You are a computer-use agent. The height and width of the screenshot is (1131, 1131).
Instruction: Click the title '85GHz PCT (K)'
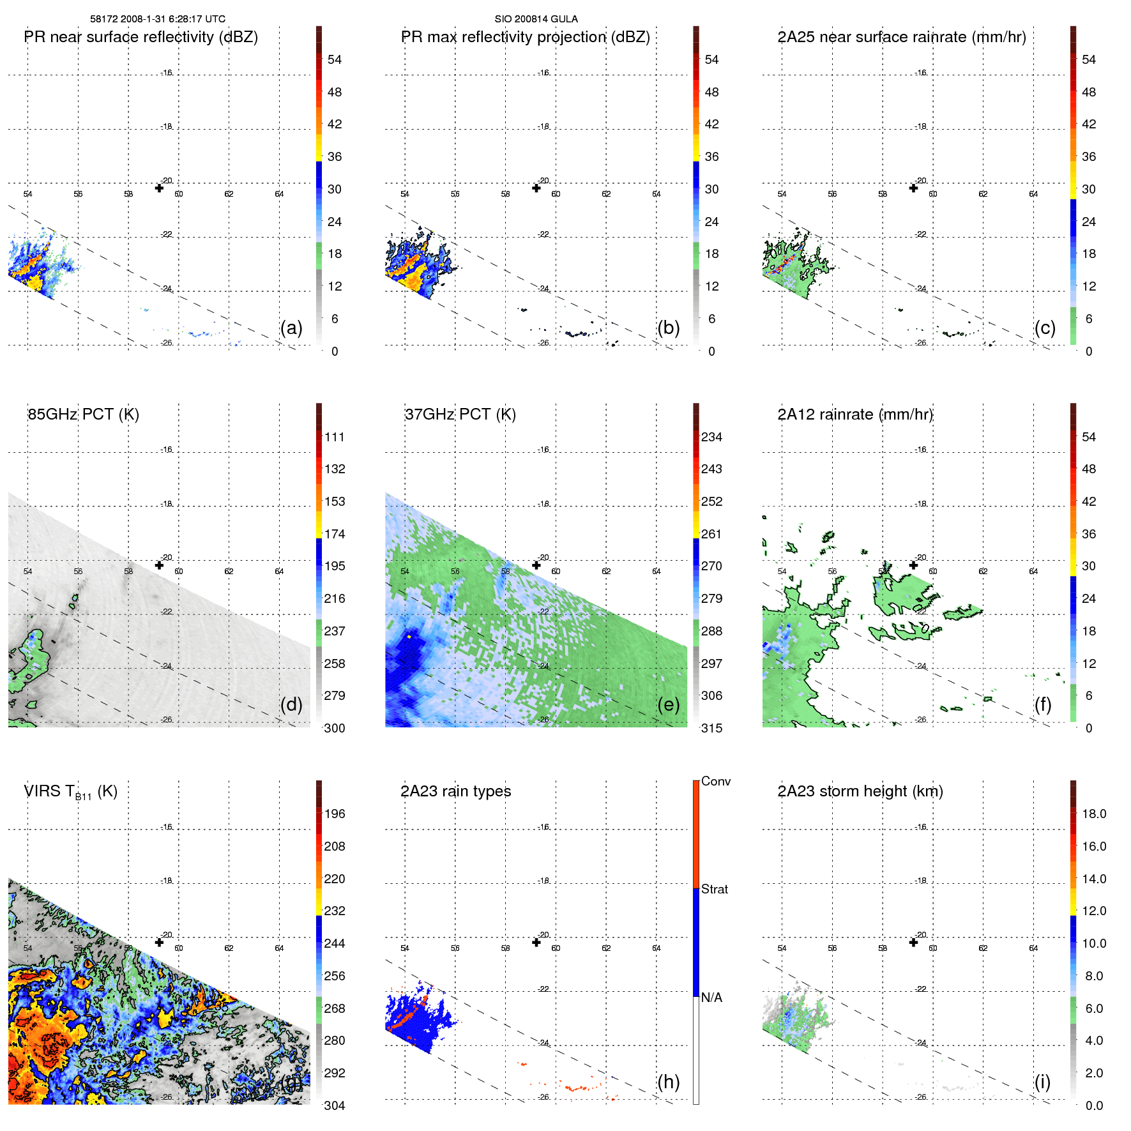click(83, 414)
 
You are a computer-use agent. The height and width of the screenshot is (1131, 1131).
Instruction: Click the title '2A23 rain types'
click(455, 791)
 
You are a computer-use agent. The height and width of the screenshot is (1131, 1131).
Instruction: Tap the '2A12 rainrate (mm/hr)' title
click(855, 414)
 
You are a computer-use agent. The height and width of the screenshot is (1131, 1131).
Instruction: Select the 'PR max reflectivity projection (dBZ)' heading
click(525, 37)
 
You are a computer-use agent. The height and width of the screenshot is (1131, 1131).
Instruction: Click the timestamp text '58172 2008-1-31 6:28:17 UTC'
click(158, 19)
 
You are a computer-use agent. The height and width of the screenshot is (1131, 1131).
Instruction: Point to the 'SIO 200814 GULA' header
click(536, 19)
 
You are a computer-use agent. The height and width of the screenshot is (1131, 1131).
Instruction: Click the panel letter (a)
click(291, 328)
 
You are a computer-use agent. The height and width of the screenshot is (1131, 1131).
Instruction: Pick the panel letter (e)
click(669, 704)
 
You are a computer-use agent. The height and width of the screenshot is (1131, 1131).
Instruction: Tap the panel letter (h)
click(669, 1082)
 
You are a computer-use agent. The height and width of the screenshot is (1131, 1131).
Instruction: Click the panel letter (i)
click(1042, 1082)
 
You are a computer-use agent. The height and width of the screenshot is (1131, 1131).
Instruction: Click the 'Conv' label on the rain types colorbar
click(716, 781)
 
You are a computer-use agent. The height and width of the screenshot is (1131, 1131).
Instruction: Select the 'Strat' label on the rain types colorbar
click(715, 889)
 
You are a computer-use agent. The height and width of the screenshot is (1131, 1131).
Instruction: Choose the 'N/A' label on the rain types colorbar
click(712, 998)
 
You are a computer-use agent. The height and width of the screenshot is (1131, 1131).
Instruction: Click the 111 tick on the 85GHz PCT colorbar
click(335, 437)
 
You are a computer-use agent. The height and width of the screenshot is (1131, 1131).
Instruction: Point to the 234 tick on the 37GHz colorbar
click(711, 437)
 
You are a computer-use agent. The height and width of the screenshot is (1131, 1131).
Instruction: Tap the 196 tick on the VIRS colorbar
click(335, 814)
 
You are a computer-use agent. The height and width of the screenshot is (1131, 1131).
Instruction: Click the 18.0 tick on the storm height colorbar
click(1094, 814)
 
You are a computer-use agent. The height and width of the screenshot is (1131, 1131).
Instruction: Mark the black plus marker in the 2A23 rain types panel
click(536, 943)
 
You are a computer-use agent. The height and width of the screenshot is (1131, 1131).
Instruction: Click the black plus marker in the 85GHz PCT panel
click(159, 565)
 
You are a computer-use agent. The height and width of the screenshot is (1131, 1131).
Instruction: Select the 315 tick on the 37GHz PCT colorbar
click(711, 728)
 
